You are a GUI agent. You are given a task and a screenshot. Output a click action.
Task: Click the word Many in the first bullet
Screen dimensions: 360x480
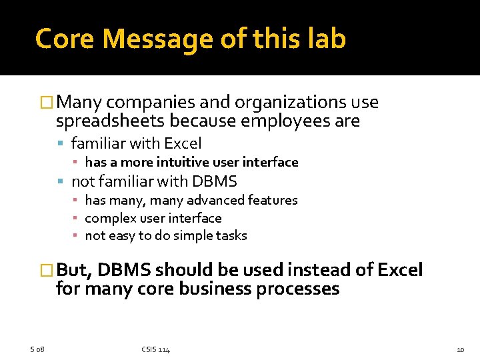click(79, 103)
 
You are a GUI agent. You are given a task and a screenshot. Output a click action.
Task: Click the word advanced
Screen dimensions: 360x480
click(212, 200)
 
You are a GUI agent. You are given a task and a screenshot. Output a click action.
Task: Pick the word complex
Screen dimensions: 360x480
click(107, 218)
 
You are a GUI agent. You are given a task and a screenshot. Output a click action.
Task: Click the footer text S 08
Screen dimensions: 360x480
click(37, 349)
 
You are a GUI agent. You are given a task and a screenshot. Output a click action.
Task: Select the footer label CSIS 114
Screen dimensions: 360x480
click(155, 349)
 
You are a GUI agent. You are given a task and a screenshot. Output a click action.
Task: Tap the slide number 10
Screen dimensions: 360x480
click(460, 349)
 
